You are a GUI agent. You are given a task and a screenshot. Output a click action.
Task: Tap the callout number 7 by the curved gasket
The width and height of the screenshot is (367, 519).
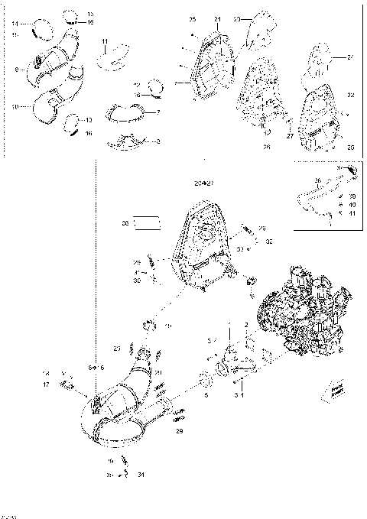pos(158,112)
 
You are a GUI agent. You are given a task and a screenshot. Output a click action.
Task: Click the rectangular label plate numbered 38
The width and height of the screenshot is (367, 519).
pos(148,224)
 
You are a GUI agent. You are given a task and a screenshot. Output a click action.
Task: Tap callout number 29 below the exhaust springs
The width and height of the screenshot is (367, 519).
pos(179,431)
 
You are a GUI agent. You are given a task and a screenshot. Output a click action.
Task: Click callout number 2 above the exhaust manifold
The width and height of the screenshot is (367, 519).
pos(246,325)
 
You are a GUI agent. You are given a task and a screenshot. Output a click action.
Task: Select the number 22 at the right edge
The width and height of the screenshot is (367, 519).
pos(351,95)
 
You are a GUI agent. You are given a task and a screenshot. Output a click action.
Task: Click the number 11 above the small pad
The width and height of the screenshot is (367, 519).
pos(105,40)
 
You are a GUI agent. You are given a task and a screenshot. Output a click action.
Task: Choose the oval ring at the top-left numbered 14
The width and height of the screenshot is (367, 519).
pos(36,32)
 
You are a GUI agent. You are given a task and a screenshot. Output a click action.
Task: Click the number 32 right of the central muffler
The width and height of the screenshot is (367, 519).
pos(269,241)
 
